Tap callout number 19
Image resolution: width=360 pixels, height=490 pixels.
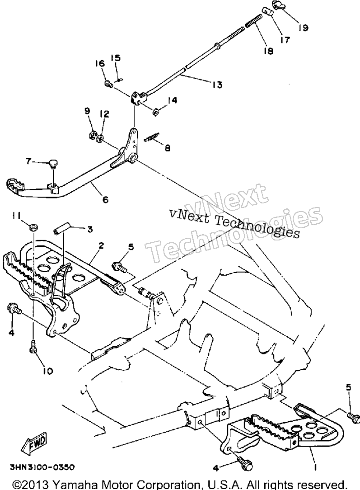(303, 28)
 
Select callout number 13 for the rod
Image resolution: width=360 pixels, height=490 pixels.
(217, 85)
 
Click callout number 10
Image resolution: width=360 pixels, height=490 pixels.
(48, 371)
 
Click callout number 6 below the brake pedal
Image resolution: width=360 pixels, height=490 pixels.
(106, 199)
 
